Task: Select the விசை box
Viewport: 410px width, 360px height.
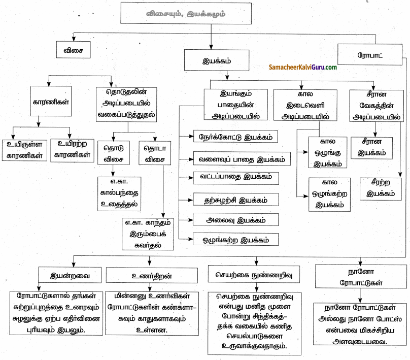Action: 72,51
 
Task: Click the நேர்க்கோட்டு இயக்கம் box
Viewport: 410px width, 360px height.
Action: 236,137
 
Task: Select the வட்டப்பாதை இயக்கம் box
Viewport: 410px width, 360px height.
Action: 236,177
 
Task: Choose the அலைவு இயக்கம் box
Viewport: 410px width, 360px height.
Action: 236,220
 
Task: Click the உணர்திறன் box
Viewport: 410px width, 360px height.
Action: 147,276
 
